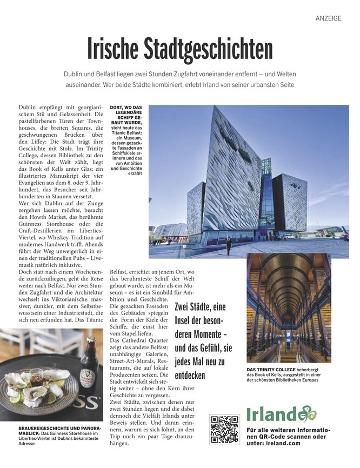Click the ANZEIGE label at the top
tap(328, 18)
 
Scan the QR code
tap(224, 430)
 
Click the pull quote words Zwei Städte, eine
tap(200, 307)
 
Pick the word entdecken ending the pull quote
tap(190, 375)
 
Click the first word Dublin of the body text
tap(30, 108)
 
